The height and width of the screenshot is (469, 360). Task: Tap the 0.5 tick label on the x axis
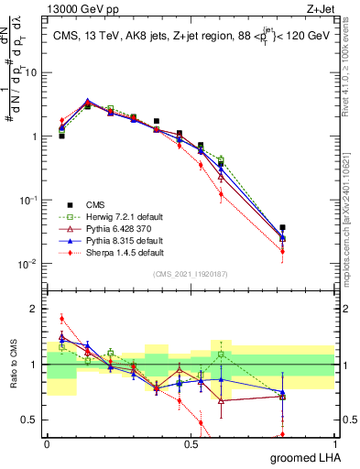[x=191, y=444]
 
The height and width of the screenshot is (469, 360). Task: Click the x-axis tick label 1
[x=335, y=444]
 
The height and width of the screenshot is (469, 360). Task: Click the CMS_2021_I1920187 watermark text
[x=191, y=274]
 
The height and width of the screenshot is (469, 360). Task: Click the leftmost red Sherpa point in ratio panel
[x=61, y=319]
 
